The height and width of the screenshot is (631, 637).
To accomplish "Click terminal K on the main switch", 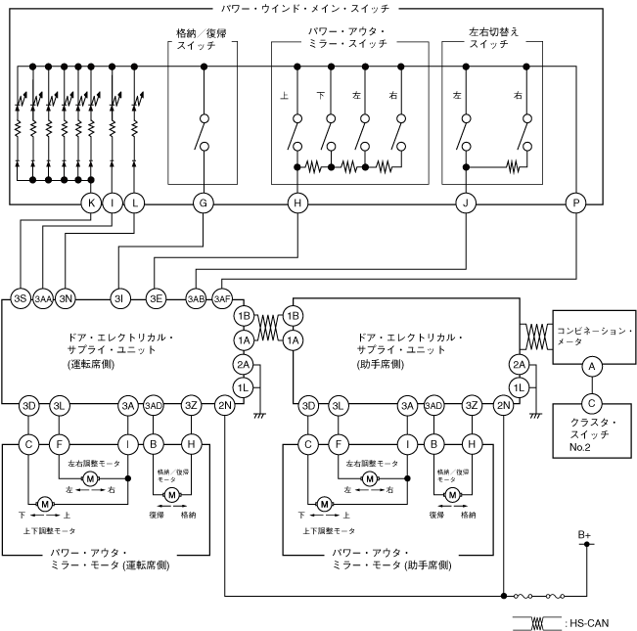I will pyautogui.click(x=91, y=203).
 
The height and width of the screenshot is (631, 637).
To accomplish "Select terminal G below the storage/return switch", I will pyautogui.click(x=204, y=203).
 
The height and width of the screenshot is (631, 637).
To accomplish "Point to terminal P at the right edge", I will pyautogui.click(x=574, y=203).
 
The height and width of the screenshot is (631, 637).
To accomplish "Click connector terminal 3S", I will pyautogui.click(x=20, y=298).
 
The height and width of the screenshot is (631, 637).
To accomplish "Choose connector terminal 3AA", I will pyautogui.click(x=43, y=298).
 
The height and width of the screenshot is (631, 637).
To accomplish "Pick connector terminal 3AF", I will pyautogui.click(x=222, y=298).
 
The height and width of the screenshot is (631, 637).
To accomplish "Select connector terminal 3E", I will pyautogui.click(x=156, y=298).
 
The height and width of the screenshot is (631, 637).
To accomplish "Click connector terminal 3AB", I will pyautogui.click(x=197, y=298).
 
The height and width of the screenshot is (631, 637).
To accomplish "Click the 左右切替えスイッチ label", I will pyautogui.click(x=494, y=38).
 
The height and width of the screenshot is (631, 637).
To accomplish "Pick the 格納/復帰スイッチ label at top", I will pyautogui.click(x=205, y=38).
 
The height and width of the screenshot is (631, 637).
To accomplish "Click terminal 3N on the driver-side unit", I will pyautogui.click(x=67, y=298).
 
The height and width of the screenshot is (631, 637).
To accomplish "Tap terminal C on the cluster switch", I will pyautogui.click(x=590, y=401).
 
